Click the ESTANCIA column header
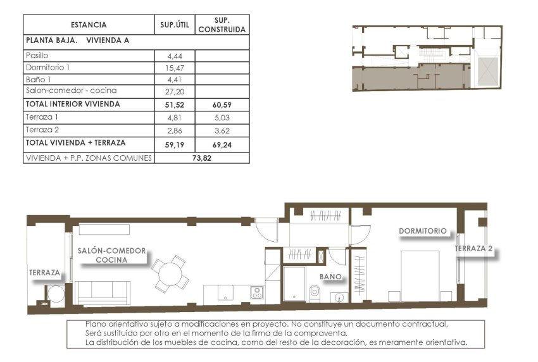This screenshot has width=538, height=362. point(89,25)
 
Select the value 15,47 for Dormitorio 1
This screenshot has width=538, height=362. point(174,67)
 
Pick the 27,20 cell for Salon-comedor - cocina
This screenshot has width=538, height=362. point(174,91)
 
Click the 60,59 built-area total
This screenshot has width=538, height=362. point(222,104)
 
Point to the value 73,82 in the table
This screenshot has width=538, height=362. point(201,158)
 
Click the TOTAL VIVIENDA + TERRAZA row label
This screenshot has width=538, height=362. point(75,142)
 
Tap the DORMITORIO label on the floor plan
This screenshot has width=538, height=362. point(423,231)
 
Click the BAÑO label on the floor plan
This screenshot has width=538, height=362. point(330,277)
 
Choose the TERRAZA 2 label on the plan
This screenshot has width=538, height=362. point(473,249)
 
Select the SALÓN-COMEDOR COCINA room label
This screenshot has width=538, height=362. point(111,255)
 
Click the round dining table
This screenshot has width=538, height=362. point(170,273)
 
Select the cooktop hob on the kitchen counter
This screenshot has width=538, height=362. point(257,292)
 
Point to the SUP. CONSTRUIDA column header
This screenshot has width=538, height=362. point(222,25)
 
